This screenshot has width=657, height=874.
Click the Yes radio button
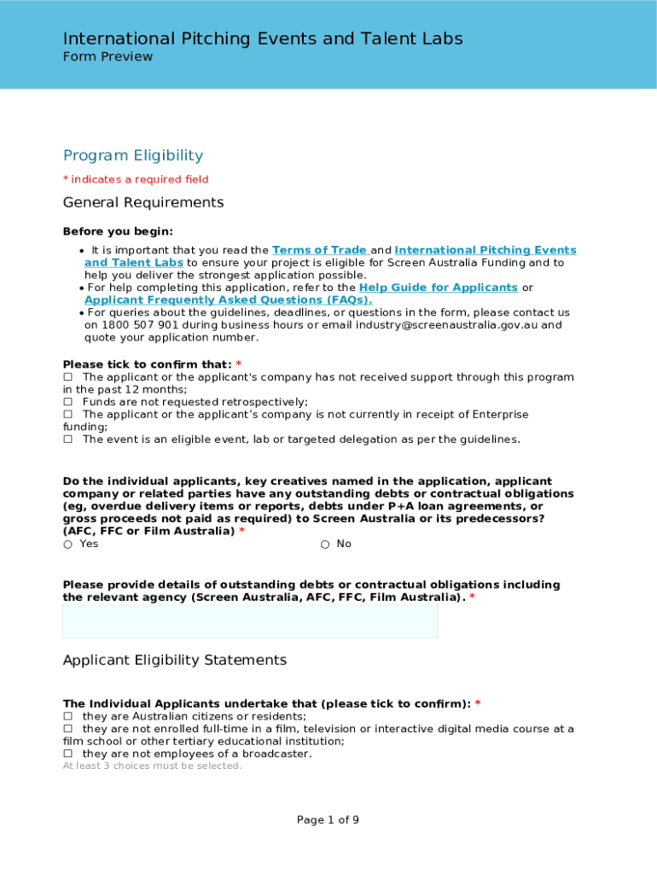tap(67, 545)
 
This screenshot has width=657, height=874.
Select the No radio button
tap(325, 545)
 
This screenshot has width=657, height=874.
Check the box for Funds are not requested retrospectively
tap(68, 402)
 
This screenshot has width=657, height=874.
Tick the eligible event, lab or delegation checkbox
tap(68, 440)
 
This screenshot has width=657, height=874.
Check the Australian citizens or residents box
tap(68, 717)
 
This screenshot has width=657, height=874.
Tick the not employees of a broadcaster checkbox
tap(68, 755)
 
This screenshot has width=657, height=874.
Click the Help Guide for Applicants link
tap(438, 288)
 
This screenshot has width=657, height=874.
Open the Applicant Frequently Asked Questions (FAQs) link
tap(228, 300)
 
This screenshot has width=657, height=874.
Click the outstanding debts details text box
tap(250, 622)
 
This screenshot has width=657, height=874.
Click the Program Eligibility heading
tap(133, 155)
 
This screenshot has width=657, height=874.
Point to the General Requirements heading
tap(143, 202)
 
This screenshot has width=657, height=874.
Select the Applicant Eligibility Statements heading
tap(175, 661)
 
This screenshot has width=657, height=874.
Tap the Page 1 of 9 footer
tap(328, 820)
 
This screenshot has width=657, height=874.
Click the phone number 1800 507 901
tap(138, 325)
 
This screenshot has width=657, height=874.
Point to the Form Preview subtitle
tap(108, 57)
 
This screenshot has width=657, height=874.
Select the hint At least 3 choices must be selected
tap(153, 766)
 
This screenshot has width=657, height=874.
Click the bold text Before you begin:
tap(118, 231)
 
